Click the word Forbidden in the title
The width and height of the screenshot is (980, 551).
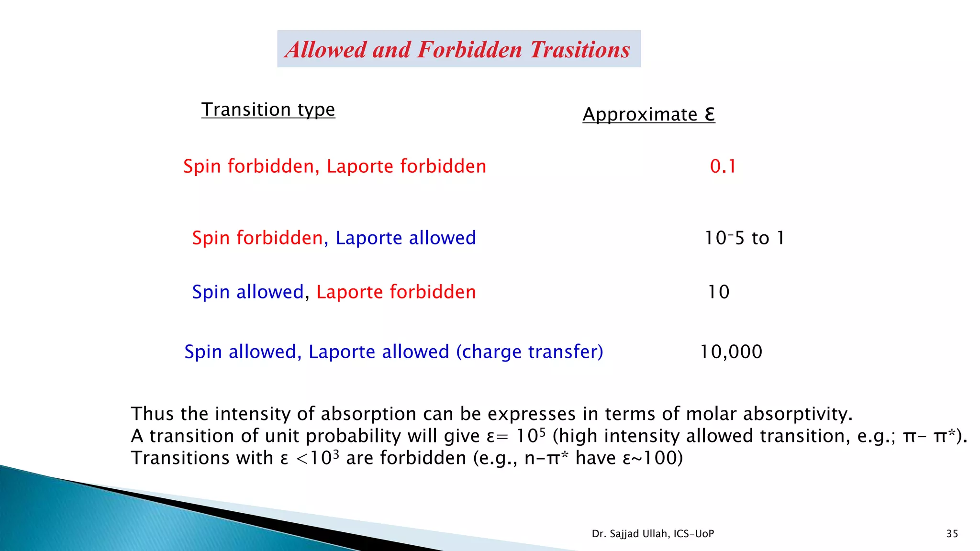[x=469, y=49]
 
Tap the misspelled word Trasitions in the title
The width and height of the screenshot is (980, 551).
[x=580, y=49]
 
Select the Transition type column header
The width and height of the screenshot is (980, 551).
[x=268, y=110]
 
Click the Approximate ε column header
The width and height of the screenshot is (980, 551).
[x=648, y=114]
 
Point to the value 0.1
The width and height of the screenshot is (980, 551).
[x=723, y=166]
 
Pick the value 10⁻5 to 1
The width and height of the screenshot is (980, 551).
[x=744, y=238]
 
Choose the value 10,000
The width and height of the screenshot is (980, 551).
[x=731, y=352]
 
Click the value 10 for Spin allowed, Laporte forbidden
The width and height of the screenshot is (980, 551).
[x=718, y=292]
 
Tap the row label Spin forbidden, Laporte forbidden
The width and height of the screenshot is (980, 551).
[x=334, y=166]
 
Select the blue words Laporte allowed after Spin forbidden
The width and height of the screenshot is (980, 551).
[x=405, y=238]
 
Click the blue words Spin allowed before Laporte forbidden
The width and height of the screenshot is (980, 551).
[x=248, y=292]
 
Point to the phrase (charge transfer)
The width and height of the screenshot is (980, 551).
[x=529, y=352]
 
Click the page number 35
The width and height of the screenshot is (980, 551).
[x=952, y=534]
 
